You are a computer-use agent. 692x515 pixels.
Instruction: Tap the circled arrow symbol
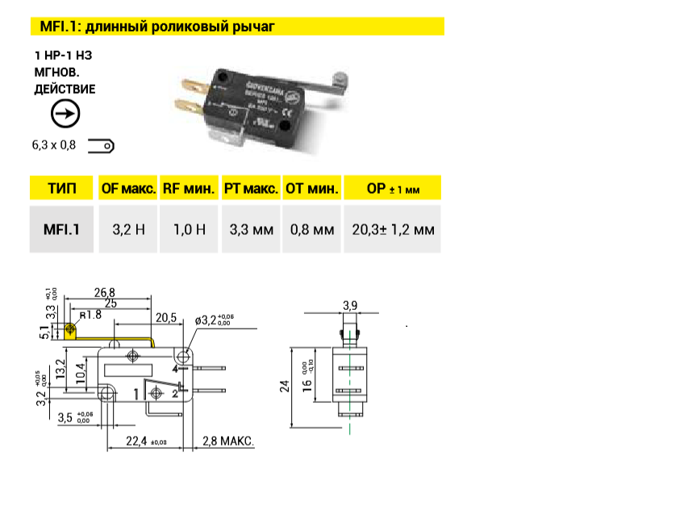click(65, 115)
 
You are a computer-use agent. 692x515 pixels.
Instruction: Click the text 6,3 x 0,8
click(53, 146)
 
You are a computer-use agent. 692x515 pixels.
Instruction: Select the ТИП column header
click(62, 189)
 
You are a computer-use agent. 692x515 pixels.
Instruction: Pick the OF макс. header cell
click(127, 189)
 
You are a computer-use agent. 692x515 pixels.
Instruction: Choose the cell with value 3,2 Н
click(127, 230)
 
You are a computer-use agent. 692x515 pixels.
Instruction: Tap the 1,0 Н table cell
click(189, 230)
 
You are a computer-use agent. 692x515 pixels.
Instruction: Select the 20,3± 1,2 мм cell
click(393, 230)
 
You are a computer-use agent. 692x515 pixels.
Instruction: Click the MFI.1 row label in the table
click(62, 230)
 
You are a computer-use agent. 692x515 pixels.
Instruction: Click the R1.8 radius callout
click(90, 315)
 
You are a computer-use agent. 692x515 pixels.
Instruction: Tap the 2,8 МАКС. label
click(228, 441)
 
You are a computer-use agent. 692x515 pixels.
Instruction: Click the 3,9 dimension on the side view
click(349, 305)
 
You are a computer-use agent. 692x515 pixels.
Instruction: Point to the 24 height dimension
click(285, 386)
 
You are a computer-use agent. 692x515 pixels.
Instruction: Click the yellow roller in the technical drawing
click(70, 330)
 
